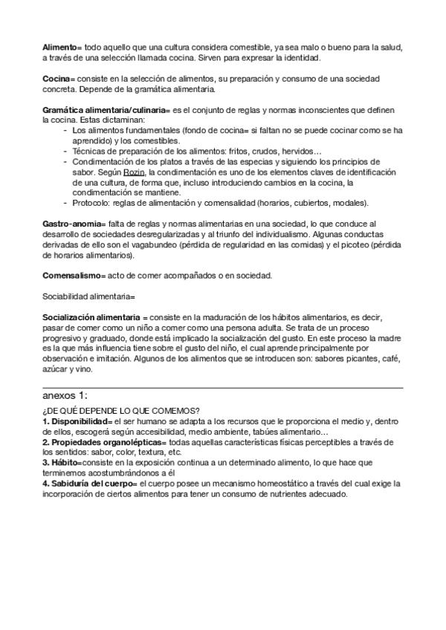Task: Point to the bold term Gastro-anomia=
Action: tap(74, 224)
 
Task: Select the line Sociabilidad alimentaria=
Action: tap(88, 297)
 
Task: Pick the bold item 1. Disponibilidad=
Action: tap(80, 421)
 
